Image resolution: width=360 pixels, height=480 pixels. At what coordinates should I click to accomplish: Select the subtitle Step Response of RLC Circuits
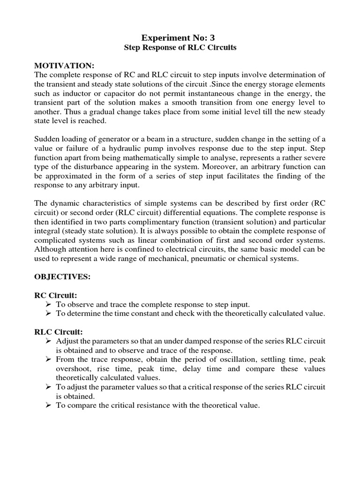pyautogui.click(x=180, y=48)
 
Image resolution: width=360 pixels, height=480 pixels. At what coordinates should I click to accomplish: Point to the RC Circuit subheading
pyautogui.click(x=55, y=295)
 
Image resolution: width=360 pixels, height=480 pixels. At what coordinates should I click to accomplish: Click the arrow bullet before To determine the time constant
pyautogui.click(x=48, y=313)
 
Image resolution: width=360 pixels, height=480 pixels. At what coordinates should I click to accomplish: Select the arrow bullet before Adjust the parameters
pyautogui.click(x=48, y=340)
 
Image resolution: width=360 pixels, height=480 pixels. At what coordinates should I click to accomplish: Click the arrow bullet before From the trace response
pyautogui.click(x=48, y=359)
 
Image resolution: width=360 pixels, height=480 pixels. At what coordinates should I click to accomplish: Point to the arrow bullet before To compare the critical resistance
pyautogui.click(x=48, y=405)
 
